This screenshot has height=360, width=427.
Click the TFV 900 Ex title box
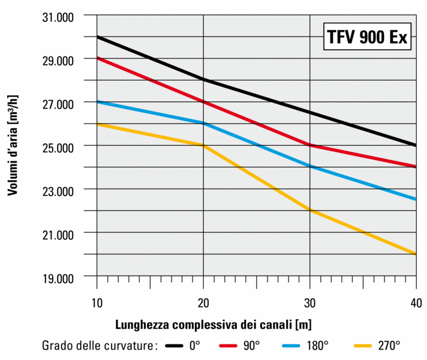pyautogui.click(x=367, y=37)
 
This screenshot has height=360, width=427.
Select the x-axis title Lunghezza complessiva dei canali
pyautogui.click(x=213, y=325)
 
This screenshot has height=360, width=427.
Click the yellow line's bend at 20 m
pyautogui.click(x=203, y=145)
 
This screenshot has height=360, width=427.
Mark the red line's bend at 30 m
pyautogui.click(x=309, y=145)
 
